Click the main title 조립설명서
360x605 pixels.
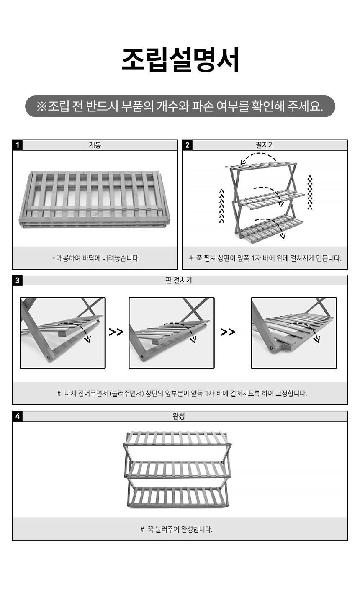[180, 60]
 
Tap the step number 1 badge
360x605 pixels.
[17, 145]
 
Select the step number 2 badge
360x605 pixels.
[187, 145]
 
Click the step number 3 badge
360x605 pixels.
[17, 281]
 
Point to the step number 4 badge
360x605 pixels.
[17, 417]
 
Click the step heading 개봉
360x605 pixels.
[95, 145]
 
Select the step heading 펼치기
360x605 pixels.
[265, 145]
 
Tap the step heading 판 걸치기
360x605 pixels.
[179, 281]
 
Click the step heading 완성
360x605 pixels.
[179, 416]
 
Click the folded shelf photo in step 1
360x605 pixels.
[95, 199]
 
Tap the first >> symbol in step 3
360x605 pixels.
[116, 332]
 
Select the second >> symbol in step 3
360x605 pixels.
[228, 332]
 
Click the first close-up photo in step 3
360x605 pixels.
[63, 333]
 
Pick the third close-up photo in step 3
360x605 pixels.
[294, 333]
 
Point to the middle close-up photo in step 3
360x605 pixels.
[172, 333]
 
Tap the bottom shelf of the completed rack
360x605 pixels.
[178, 497]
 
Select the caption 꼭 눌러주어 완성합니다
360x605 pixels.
[176, 529]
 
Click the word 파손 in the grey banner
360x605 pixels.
[203, 106]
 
